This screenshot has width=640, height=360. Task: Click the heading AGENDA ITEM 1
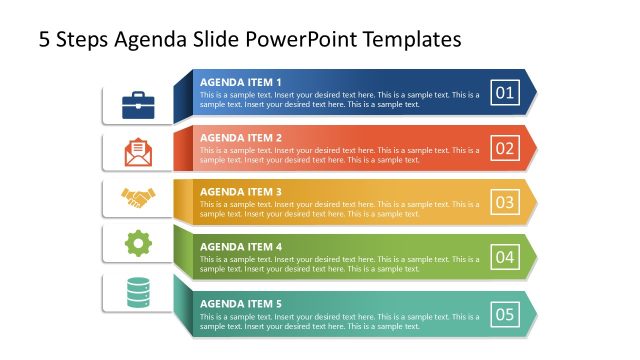click(241, 82)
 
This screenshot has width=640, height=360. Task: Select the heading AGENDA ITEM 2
click(241, 137)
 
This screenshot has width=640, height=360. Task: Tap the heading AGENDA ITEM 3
click(241, 191)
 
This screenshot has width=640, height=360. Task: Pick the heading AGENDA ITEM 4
click(241, 246)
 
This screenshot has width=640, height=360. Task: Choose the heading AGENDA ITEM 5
click(241, 302)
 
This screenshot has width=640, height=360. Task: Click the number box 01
click(505, 95)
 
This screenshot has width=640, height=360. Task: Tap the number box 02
click(505, 150)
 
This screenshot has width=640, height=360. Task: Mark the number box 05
click(505, 315)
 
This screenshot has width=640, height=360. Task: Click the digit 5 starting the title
click(45, 39)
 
